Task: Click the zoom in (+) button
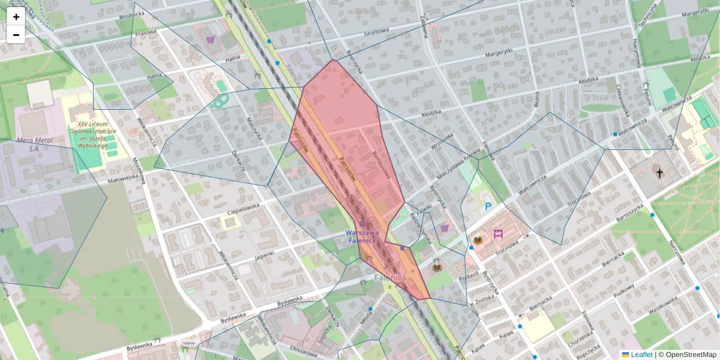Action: [16, 17]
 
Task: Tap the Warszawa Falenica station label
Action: [362, 236]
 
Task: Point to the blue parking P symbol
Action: [488, 206]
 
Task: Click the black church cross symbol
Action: [659, 173]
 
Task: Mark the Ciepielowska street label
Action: [243, 213]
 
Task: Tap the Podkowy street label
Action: [623, 289]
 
